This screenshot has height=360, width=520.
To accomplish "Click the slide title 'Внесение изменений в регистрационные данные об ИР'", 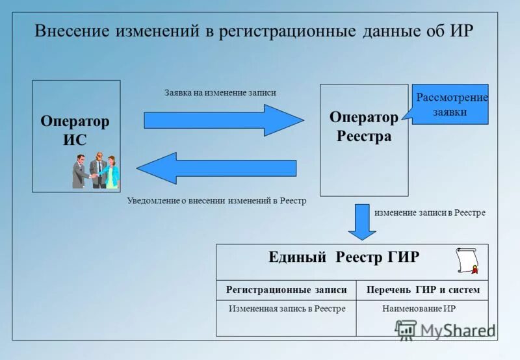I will pos(254,31).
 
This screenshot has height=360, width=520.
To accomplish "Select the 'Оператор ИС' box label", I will pos(75,131).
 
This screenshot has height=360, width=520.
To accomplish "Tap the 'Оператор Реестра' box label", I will pos(363,127).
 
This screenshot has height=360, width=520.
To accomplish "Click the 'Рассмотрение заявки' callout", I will pos(450,104).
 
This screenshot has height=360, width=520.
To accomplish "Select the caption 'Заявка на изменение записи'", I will pos(220,92).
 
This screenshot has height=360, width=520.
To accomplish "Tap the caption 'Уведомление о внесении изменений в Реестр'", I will pos(216,201).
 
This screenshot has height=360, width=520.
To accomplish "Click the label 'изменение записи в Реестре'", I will pos(430,212).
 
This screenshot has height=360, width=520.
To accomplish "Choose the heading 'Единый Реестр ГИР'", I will pos(344,257).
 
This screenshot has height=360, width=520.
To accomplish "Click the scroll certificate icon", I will pos(467,261).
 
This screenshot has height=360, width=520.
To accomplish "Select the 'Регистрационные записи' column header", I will pos(286,290).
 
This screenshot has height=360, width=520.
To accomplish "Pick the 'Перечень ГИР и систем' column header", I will pos(423,290).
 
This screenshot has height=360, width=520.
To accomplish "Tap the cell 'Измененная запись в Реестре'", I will pos(287,309).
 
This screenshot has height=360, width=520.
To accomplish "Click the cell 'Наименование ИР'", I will pos(419,309).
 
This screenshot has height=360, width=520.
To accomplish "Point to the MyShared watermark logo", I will pos(445,329).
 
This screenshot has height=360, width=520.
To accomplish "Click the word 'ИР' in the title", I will pos(462,31).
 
